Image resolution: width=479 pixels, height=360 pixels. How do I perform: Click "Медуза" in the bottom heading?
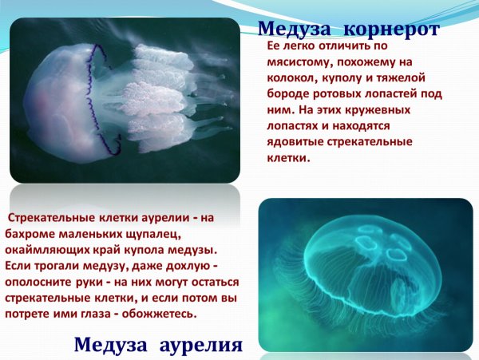point(109,345)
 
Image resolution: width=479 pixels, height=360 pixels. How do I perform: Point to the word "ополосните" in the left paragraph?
point(39,282)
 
